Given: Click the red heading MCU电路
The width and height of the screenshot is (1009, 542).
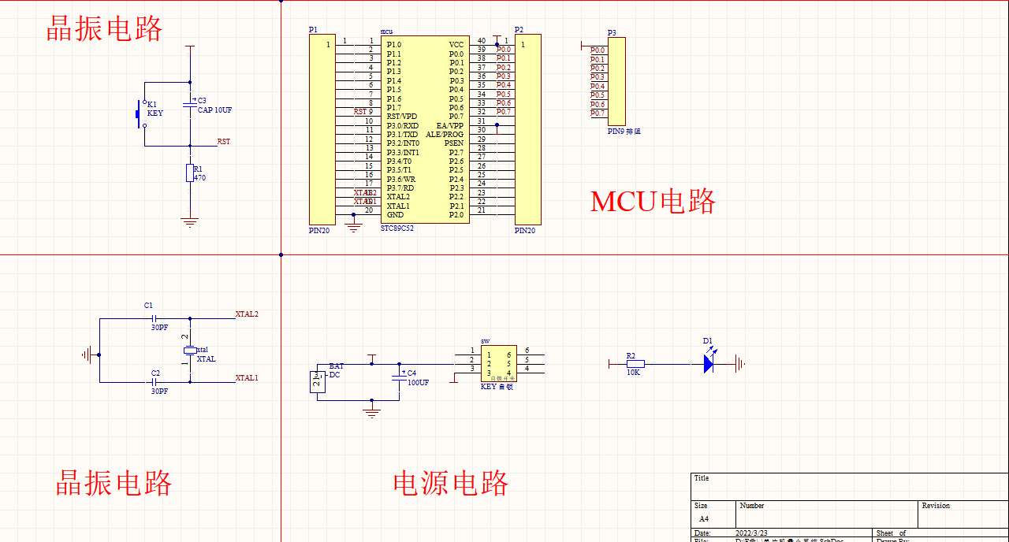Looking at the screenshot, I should pyautogui.click(x=653, y=202).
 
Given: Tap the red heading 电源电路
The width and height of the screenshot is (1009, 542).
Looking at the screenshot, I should pyautogui.click(x=451, y=483).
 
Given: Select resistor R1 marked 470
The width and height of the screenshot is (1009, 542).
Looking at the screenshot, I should pyautogui.click(x=189, y=173).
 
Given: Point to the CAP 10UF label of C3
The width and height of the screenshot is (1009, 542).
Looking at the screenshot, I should pyautogui.click(x=214, y=110).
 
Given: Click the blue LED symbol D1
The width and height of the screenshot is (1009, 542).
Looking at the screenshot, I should pyautogui.click(x=709, y=364).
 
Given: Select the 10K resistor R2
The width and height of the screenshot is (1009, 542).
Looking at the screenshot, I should pyautogui.click(x=635, y=364).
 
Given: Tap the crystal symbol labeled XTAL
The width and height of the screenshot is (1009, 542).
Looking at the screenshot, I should pyautogui.click(x=189, y=350).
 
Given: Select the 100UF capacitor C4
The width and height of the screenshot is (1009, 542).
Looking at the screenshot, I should pyautogui.click(x=398, y=377).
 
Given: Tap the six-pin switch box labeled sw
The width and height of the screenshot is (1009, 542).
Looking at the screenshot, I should pyautogui.click(x=499, y=364).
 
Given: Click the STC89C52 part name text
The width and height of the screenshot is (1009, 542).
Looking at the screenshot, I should pyautogui.click(x=397, y=228).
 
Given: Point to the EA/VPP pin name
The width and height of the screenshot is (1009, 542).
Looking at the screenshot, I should pyautogui.click(x=450, y=126).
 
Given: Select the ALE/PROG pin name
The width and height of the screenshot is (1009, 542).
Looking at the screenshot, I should pyautogui.click(x=445, y=135).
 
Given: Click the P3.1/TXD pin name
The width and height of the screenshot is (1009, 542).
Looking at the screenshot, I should pyautogui.click(x=402, y=135).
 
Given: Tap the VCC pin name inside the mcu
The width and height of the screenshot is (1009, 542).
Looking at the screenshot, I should pyautogui.click(x=456, y=45).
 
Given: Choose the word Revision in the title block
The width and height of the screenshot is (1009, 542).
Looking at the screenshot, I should pyautogui.click(x=936, y=506).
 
